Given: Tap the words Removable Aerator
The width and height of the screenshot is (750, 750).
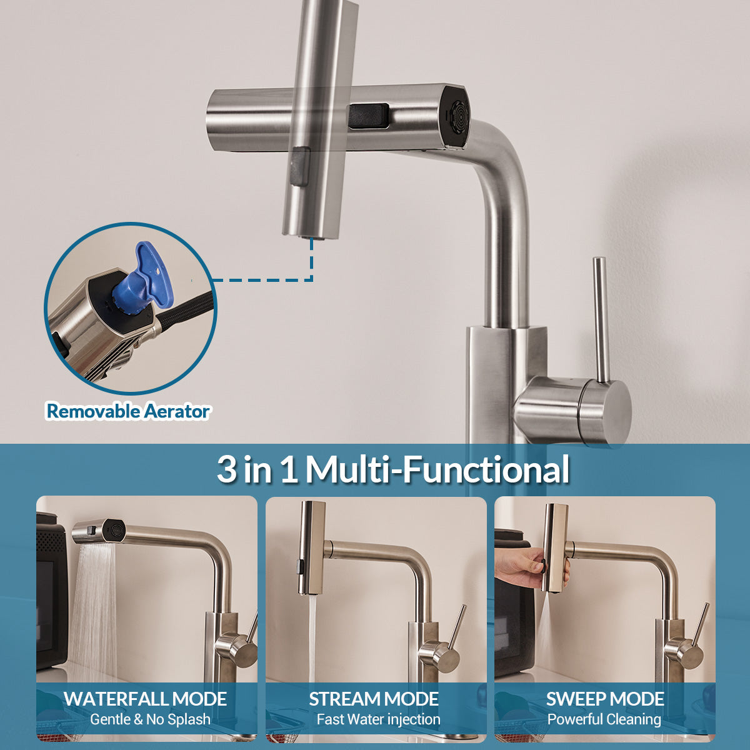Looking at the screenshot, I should pyautogui.click(x=128, y=411).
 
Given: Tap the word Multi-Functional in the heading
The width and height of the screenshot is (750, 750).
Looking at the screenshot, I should pyautogui.click(x=437, y=469).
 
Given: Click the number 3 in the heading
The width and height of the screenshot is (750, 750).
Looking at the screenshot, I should pyautogui.click(x=227, y=469).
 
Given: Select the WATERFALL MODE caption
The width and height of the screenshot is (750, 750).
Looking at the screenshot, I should pyautogui.click(x=146, y=699).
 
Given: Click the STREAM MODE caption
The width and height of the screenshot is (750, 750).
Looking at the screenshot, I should pyautogui.click(x=374, y=699).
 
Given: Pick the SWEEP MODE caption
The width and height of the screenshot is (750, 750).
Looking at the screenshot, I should pyautogui.click(x=605, y=699).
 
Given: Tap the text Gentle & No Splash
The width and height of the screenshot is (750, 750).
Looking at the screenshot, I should pyautogui.click(x=150, y=719).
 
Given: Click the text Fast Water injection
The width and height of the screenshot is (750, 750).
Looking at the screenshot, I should pyautogui.click(x=378, y=719).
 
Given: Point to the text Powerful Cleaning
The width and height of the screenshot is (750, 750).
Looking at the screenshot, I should pyautogui.click(x=604, y=719).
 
